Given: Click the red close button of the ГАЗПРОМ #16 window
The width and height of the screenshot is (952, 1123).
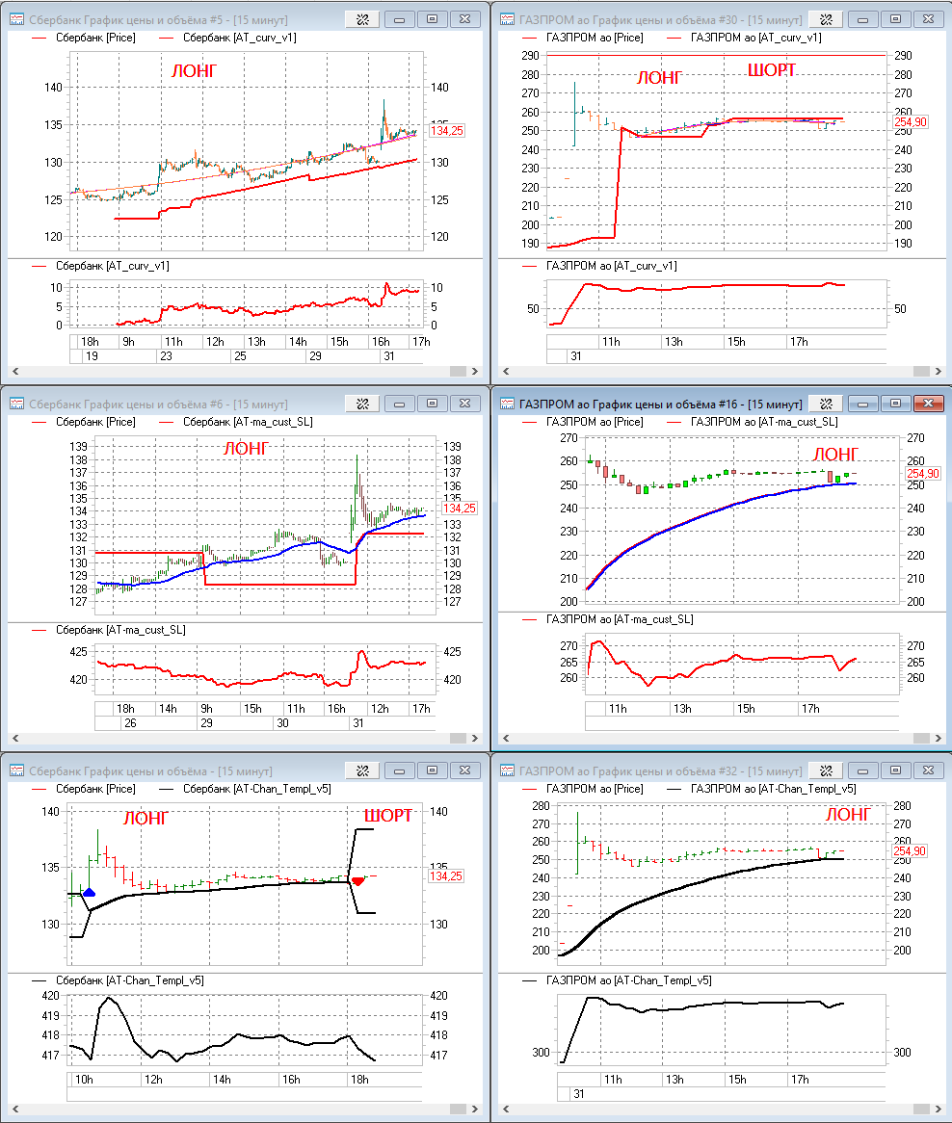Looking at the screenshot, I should pyautogui.click(x=928, y=404).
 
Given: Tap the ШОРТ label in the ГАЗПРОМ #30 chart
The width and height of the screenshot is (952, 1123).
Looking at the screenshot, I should pyautogui.click(x=779, y=69).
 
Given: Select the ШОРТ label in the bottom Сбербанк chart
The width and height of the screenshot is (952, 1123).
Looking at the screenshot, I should pyautogui.click(x=387, y=816).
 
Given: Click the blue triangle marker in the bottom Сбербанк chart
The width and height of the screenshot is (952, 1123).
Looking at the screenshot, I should pyautogui.click(x=90, y=893).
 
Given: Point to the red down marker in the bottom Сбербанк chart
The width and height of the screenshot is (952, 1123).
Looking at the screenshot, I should pyautogui.click(x=358, y=880).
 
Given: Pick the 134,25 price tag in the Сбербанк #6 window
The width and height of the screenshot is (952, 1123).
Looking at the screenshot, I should pyautogui.click(x=459, y=508).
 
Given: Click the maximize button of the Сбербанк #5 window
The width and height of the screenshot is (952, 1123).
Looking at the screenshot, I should pyautogui.click(x=432, y=18).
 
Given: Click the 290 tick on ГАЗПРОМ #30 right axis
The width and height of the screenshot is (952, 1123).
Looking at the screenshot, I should pyautogui.click(x=903, y=56).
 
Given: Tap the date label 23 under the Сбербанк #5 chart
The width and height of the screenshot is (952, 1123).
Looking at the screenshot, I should pyautogui.click(x=165, y=355).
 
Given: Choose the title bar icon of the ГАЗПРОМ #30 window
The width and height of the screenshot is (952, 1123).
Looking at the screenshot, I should pyautogui.click(x=507, y=18).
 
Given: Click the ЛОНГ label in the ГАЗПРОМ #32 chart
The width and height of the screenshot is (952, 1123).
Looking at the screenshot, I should pyautogui.click(x=848, y=815).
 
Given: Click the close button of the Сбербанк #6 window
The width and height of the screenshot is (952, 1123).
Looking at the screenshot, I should pyautogui.click(x=465, y=404).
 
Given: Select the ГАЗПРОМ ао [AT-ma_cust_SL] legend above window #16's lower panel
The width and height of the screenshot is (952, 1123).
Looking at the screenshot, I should pyautogui.click(x=619, y=619).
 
